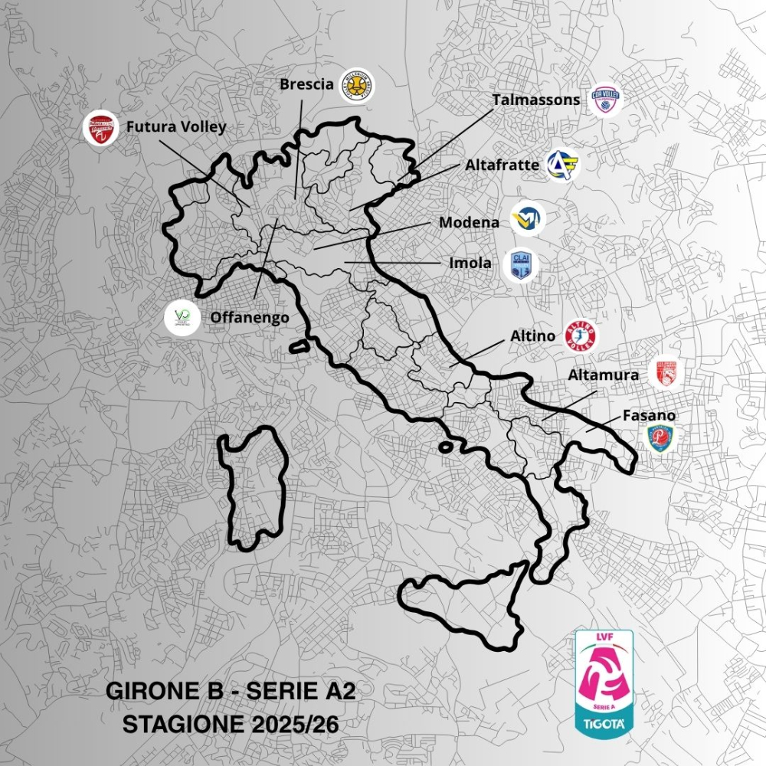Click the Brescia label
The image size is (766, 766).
[306, 84]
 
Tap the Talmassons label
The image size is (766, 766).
[538, 100]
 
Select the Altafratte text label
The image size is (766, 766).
[502, 165]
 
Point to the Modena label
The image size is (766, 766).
[469, 222]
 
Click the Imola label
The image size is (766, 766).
[470, 263]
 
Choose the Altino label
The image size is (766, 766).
[533, 336]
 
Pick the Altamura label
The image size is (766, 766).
[603, 375]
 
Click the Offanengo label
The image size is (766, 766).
[239, 316]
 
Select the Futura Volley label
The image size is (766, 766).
[176, 126]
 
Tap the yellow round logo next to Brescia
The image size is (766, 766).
[357, 86]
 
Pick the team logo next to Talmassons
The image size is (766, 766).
[606, 100]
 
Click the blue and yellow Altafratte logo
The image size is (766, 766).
[563, 165]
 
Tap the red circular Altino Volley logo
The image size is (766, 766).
[581, 336]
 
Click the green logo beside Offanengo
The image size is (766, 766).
[182, 317]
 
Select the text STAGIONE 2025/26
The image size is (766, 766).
[231, 723]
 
